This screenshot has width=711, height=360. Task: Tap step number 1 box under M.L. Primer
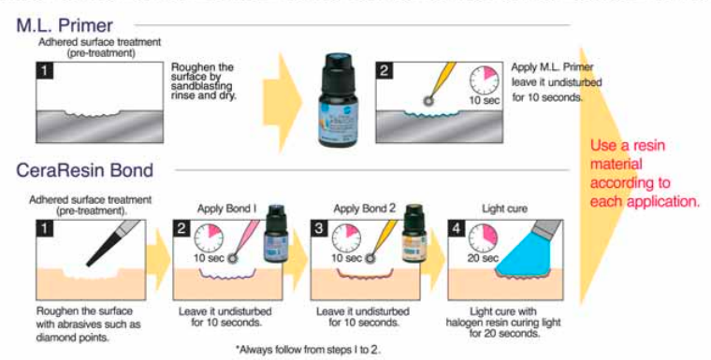click(45, 70)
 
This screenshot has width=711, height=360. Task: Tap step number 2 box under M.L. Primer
click(384, 70)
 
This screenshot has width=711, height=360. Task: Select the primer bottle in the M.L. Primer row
click(338, 99)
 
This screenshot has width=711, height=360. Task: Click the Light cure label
click(501, 210)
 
